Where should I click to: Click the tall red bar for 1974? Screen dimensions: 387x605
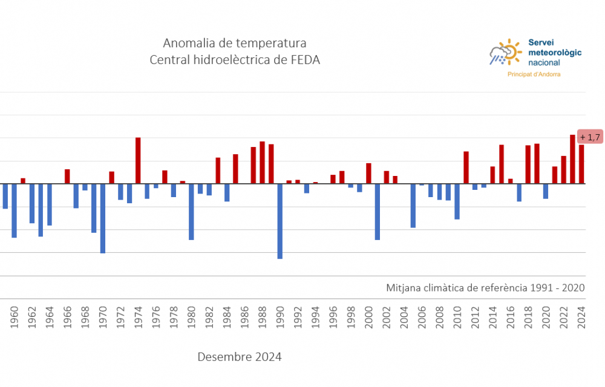138,160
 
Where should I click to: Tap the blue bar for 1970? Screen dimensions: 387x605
103,218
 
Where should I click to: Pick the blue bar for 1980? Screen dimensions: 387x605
191,212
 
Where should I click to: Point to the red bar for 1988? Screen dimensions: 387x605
262,163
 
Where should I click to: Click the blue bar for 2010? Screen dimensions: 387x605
457,201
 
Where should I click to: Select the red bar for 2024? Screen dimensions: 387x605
581,164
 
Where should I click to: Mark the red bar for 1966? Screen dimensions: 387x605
67,177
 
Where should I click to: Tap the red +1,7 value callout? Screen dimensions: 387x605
589,137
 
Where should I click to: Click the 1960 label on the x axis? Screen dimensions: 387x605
15,316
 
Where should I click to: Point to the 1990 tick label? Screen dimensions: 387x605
280,316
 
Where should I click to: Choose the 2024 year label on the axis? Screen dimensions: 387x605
581,316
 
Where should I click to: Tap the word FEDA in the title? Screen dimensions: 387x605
304,59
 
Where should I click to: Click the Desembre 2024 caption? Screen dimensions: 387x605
239,357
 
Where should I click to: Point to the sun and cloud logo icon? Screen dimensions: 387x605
506,53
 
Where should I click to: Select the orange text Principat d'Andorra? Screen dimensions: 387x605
533,74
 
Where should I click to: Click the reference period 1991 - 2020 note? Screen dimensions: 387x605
485,287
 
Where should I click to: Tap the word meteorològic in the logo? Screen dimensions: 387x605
555,53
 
